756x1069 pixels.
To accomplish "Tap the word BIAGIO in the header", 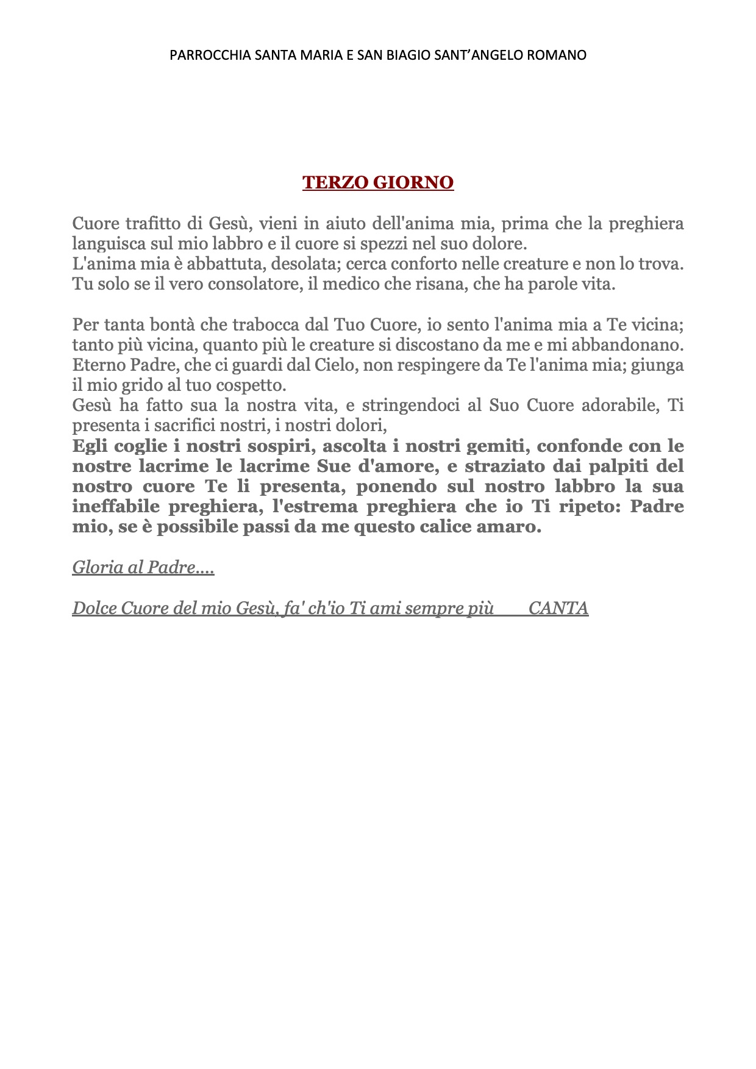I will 408,55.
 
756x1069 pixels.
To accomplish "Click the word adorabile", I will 620,406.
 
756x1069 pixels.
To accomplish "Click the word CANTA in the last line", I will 558,609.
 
